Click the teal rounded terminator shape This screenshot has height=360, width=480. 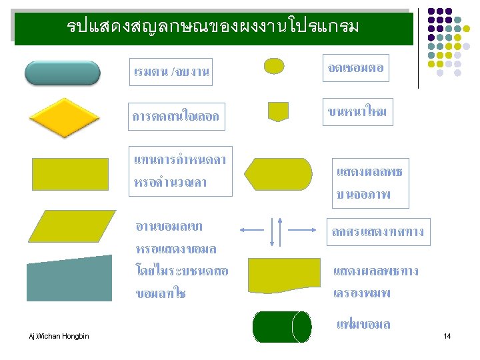click(63, 73)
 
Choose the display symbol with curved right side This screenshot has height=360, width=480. click(277, 174)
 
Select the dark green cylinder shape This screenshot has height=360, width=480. click(282, 327)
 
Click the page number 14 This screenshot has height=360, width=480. click(447, 336)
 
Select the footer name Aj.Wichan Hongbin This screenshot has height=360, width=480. click(58, 335)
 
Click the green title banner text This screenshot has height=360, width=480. click(213, 27)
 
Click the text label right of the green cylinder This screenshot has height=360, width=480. click(363, 325)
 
